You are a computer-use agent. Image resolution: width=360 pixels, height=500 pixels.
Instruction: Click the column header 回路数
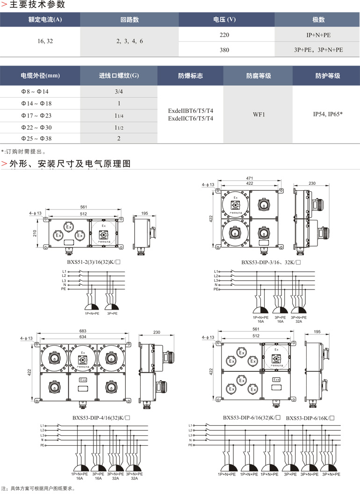(x=130, y=20)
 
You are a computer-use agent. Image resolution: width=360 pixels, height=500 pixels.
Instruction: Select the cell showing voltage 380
(x=224, y=49)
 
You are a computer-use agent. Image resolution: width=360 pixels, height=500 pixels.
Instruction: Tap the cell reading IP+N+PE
(x=318, y=35)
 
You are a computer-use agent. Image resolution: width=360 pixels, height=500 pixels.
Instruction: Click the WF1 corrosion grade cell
(x=259, y=114)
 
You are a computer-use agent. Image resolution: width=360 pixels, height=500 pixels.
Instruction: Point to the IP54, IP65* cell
(x=328, y=114)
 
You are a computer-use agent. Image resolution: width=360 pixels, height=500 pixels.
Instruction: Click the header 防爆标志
(x=191, y=75)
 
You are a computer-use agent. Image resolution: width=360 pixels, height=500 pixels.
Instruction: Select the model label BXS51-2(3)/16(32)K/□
(x=94, y=262)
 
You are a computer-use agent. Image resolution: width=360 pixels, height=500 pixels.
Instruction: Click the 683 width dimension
(x=83, y=331)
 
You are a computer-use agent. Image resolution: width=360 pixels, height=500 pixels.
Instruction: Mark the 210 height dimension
(x=35, y=233)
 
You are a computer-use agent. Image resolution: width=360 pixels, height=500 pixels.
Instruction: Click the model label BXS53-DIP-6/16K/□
(x=310, y=418)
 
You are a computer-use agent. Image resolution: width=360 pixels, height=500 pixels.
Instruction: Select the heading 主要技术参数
(x=37, y=5)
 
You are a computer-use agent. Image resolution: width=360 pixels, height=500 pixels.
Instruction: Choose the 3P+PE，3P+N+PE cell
(x=318, y=49)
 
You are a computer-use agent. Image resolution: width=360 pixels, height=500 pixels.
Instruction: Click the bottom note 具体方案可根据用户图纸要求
(x=40, y=489)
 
